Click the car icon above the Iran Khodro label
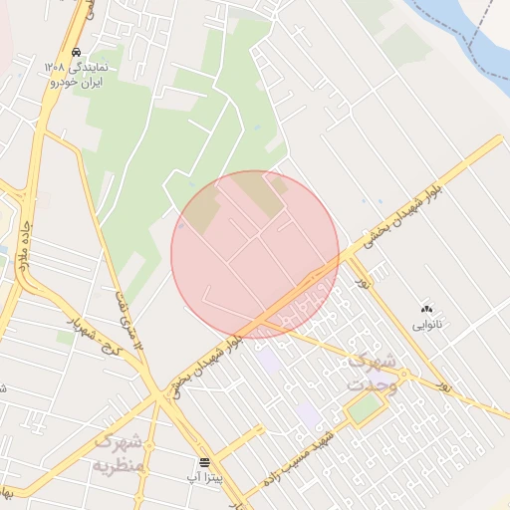click(x=77, y=53)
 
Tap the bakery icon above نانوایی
click(x=428, y=309)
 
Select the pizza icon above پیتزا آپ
click(x=204, y=462)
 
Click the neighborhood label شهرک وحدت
click(x=373, y=373)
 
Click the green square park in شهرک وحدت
click(x=366, y=406)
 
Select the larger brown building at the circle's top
click(x=265, y=193)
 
